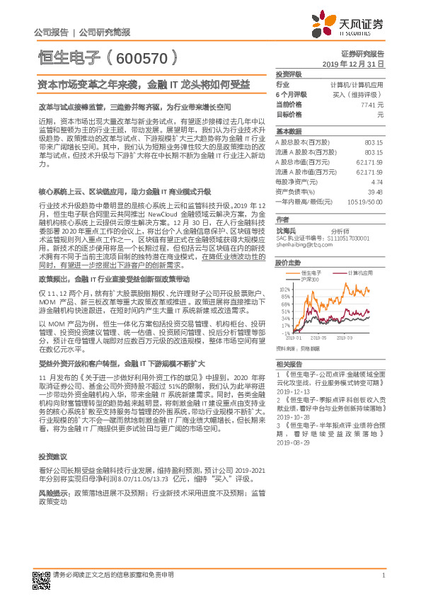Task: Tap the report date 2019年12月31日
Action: [x=357, y=64]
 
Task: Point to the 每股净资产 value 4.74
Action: [x=376, y=182]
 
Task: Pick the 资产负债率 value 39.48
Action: [x=375, y=191]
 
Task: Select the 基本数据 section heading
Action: [x=288, y=132]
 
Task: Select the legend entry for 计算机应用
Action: [x=357, y=272]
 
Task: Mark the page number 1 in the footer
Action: [x=382, y=575]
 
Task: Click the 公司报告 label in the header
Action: [x=50, y=33]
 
